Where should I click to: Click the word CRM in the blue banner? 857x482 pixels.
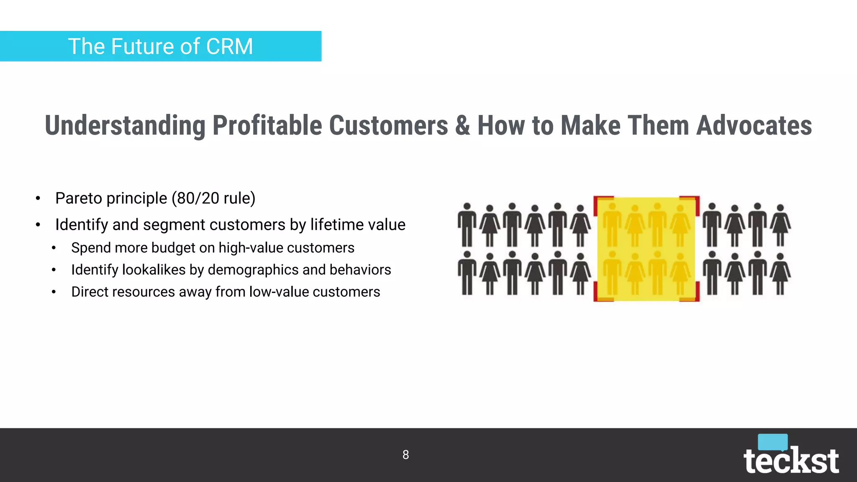(229, 46)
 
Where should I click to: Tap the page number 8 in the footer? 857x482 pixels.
(405, 455)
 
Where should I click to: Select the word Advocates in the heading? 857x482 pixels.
(754, 126)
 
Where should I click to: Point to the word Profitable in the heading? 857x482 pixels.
(267, 126)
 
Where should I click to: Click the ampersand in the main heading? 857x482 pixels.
(462, 126)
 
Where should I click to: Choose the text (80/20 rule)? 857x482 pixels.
(213, 198)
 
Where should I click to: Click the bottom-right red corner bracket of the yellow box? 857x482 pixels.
(695, 296)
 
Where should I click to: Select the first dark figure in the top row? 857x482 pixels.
(467, 225)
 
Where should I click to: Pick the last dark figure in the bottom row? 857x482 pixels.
(780, 274)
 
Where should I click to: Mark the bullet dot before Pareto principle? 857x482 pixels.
(38, 198)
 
